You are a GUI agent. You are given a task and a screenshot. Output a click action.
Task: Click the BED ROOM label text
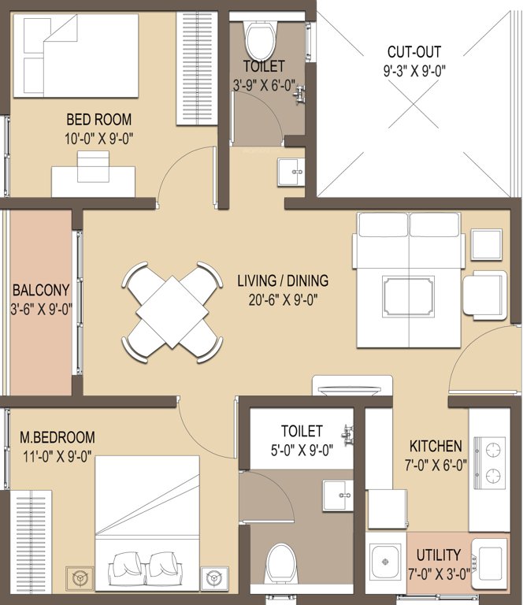[x=98, y=120]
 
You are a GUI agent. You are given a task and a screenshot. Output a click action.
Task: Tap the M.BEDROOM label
[x=57, y=436]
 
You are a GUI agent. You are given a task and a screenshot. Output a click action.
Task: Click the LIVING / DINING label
[x=283, y=280]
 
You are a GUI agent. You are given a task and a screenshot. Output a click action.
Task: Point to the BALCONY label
[x=41, y=289]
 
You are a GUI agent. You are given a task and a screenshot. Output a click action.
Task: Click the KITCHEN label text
[x=435, y=446]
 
